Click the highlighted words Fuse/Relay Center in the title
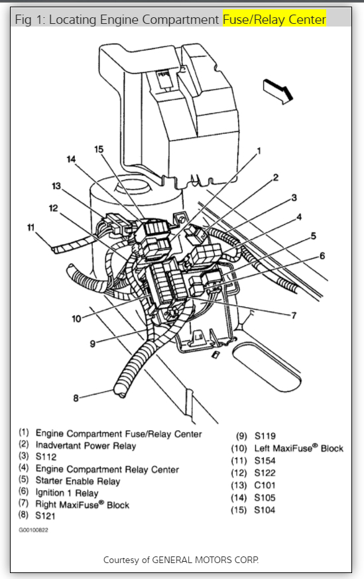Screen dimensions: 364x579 pos(274,20)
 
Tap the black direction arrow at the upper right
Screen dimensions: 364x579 pos(278,91)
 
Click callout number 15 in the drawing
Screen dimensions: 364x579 pos(99,149)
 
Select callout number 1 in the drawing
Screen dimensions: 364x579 pos(259,151)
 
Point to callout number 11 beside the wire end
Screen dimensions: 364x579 pos(30,227)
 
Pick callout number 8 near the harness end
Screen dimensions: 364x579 pos(76,398)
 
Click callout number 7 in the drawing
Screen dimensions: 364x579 pos(294,315)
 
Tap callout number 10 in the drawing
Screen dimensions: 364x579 pos(76,318)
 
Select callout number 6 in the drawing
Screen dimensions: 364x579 pos(322,256)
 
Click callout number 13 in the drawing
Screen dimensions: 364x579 pos(56,186)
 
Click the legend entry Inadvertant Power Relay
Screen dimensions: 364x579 pos(86,446)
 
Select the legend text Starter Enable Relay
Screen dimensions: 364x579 pos(78,481)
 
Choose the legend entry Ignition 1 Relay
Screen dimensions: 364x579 pos(67,493)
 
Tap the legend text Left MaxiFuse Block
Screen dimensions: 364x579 pos(298,448)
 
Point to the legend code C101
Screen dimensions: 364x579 pos(265,485)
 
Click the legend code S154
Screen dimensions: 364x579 pos(265,460)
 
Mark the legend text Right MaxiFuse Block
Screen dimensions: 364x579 pos(82,505)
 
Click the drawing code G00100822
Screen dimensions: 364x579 pos(34,530)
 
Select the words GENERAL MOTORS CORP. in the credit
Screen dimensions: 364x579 pos(206,560)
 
